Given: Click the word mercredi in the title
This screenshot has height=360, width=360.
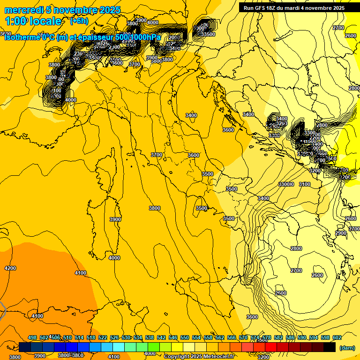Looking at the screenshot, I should tap(22, 10).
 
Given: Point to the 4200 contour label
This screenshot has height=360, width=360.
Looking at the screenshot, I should tap(10, 268).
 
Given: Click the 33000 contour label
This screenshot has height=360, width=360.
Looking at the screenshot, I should tap(285, 184).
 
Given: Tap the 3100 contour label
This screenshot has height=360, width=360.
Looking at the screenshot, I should tap(305, 184).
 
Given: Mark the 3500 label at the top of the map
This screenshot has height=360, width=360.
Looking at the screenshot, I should tap(208, 34).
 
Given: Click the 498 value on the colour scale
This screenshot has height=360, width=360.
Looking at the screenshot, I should tap(32, 337).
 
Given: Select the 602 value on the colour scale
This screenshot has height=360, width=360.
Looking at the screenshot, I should tap(337, 337).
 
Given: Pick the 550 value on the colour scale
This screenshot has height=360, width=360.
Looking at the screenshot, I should tap(185, 337).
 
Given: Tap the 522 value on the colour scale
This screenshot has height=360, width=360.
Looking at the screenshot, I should tap(103, 337).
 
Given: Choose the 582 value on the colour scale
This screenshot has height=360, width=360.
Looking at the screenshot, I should tap(278, 337).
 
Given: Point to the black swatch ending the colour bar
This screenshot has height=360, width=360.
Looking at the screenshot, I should tap(330, 347).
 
